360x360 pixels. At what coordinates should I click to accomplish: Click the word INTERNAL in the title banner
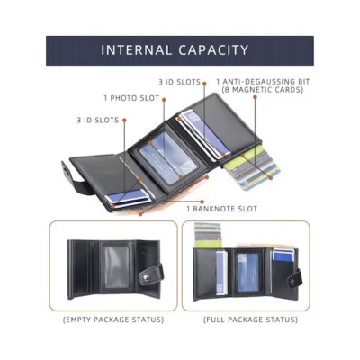tap(137, 50)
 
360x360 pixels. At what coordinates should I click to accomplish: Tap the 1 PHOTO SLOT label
tap(131, 98)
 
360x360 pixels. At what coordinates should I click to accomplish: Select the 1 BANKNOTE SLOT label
tap(222, 209)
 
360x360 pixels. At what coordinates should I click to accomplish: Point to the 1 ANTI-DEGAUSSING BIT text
tap(263, 82)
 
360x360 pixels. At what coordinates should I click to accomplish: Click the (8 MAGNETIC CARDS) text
tap(263, 90)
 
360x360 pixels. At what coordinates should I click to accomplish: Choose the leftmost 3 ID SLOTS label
tap(98, 121)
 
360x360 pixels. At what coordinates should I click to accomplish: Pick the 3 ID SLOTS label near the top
tap(179, 82)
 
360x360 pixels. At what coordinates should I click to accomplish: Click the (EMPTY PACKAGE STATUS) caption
tap(113, 319)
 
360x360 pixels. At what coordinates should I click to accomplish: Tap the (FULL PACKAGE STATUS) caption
tap(250, 319)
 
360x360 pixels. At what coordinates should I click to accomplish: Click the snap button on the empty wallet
tap(146, 278)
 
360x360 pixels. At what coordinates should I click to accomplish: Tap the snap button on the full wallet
tap(292, 282)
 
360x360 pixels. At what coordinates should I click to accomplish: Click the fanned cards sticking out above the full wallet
tap(208, 235)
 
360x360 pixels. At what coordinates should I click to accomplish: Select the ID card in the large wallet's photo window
tap(168, 158)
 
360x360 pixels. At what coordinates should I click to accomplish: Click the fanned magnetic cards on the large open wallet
tap(253, 168)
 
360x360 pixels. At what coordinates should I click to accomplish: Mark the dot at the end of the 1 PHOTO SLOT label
tap(165, 99)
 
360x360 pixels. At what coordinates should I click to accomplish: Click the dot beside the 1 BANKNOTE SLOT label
tap(202, 202)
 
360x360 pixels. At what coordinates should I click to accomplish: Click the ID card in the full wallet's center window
tap(248, 273)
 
